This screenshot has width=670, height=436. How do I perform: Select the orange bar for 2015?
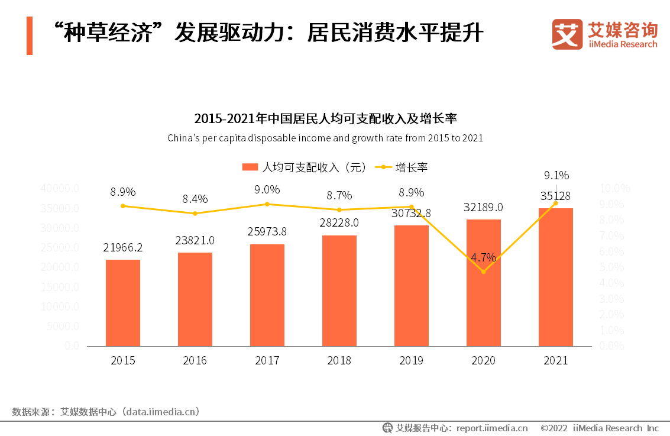coord(123,302)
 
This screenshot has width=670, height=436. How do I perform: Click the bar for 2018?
coord(339,290)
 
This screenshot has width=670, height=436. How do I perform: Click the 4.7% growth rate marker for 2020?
coord(484,272)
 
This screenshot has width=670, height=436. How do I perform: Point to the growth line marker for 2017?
coord(267,204)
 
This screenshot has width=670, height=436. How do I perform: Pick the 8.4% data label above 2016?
coord(195,199)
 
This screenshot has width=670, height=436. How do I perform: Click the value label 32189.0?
coord(484,207)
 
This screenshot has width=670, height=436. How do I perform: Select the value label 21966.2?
coord(123,247)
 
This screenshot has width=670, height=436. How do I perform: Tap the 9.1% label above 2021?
coord(556,175)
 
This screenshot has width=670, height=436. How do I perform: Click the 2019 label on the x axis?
coord(412,360)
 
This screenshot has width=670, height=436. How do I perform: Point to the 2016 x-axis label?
coord(195,360)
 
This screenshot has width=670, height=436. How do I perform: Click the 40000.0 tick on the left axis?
coord(60,189)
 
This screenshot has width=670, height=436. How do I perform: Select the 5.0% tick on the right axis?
coord(611,267)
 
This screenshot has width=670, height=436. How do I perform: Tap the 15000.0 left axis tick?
coord(60,287)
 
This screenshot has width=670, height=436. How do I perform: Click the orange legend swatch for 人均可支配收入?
coord(250,167)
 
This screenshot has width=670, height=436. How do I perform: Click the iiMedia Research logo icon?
coord(567,34)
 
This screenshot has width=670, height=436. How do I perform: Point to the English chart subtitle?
coord(325,138)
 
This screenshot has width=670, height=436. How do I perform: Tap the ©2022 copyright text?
coord(554,428)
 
